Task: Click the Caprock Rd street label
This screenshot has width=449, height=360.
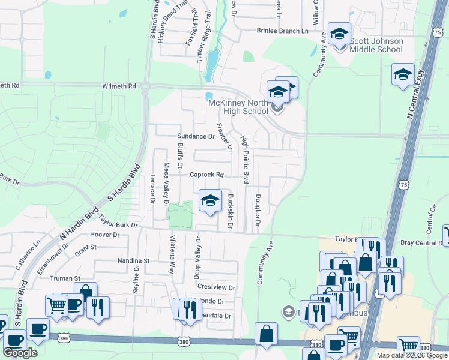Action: click(x=206, y=175)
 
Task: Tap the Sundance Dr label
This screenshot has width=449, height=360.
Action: click(x=196, y=137)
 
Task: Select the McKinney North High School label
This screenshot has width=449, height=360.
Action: click(x=238, y=107)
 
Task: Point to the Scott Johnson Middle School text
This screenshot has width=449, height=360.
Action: click(x=376, y=45)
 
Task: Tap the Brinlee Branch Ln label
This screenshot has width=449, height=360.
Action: click(x=282, y=31)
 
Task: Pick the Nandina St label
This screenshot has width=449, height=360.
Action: click(x=133, y=262)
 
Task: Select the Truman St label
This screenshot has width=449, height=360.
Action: click(x=69, y=279)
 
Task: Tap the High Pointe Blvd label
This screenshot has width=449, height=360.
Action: click(x=244, y=160)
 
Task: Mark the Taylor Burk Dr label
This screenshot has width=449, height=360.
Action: click(x=118, y=224)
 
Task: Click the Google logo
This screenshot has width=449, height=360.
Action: click(x=20, y=353)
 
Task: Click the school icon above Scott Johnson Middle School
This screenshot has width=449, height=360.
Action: click(x=339, y=34)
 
